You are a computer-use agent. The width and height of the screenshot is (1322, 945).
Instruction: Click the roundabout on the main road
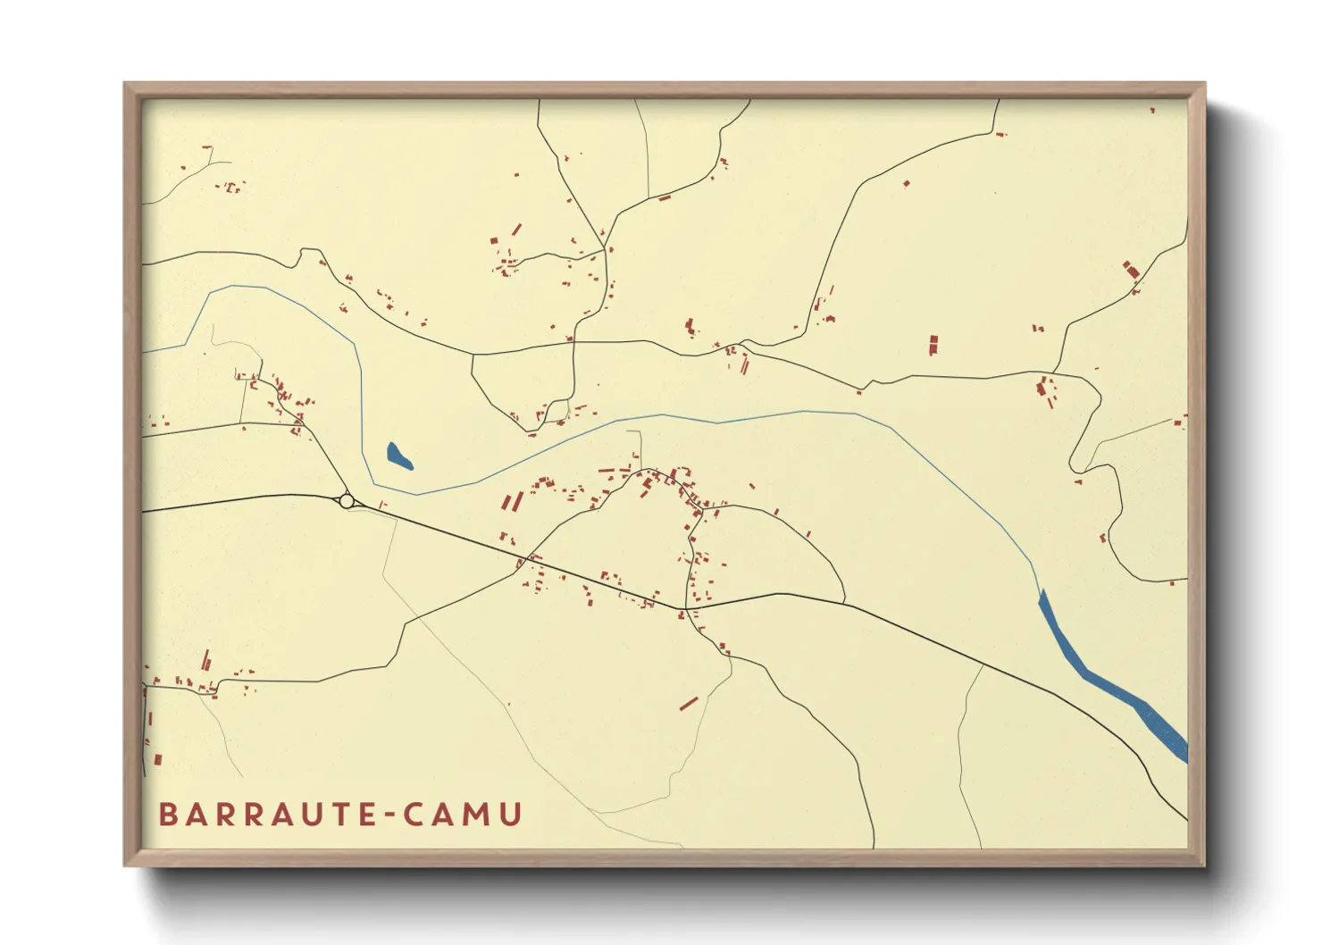tap(347, 501)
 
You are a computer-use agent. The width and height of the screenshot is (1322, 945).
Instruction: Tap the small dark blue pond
tap(398, 456)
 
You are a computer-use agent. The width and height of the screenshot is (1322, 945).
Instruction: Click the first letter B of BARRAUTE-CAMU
tap(168, 815)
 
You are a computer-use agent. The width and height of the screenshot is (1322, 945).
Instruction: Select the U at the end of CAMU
tap(512, 815)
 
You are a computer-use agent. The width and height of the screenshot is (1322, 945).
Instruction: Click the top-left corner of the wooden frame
tap(126, 84)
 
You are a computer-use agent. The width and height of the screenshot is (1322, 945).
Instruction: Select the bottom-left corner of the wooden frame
tap(126, 865)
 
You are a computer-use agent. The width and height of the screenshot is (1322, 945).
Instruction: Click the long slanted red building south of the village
tap(688, 704)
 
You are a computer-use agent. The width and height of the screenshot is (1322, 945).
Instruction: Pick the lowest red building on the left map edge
tap(158, 759)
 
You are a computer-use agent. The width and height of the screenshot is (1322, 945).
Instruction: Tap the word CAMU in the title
tap(463, 815)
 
